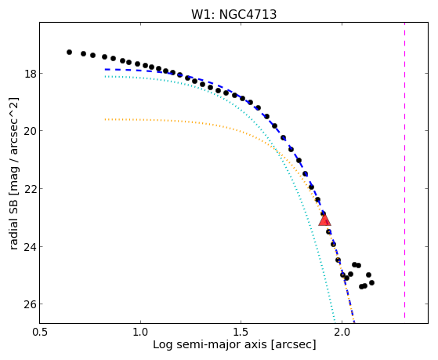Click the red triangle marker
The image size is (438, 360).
[x=324, y=220]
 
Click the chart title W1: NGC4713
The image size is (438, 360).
[x=233, y=15]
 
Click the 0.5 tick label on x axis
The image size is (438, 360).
[x=39, y=332]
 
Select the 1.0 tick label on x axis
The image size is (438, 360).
[x=140, y=332]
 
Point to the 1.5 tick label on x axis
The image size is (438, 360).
[x=241, y=332]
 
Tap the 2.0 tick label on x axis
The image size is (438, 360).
[x=342, y=332]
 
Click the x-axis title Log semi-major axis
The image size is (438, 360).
[x=209, y=344]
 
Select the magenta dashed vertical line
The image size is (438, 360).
[x=404, y=170]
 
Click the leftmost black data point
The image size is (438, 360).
[x=69, y=52]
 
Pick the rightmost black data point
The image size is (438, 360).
[x=371, y=283]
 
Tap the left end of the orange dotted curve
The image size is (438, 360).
[x=105, y=119]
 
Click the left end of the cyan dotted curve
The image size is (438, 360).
[x=105, y=76]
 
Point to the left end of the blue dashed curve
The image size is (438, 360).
[x=105, y=69]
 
